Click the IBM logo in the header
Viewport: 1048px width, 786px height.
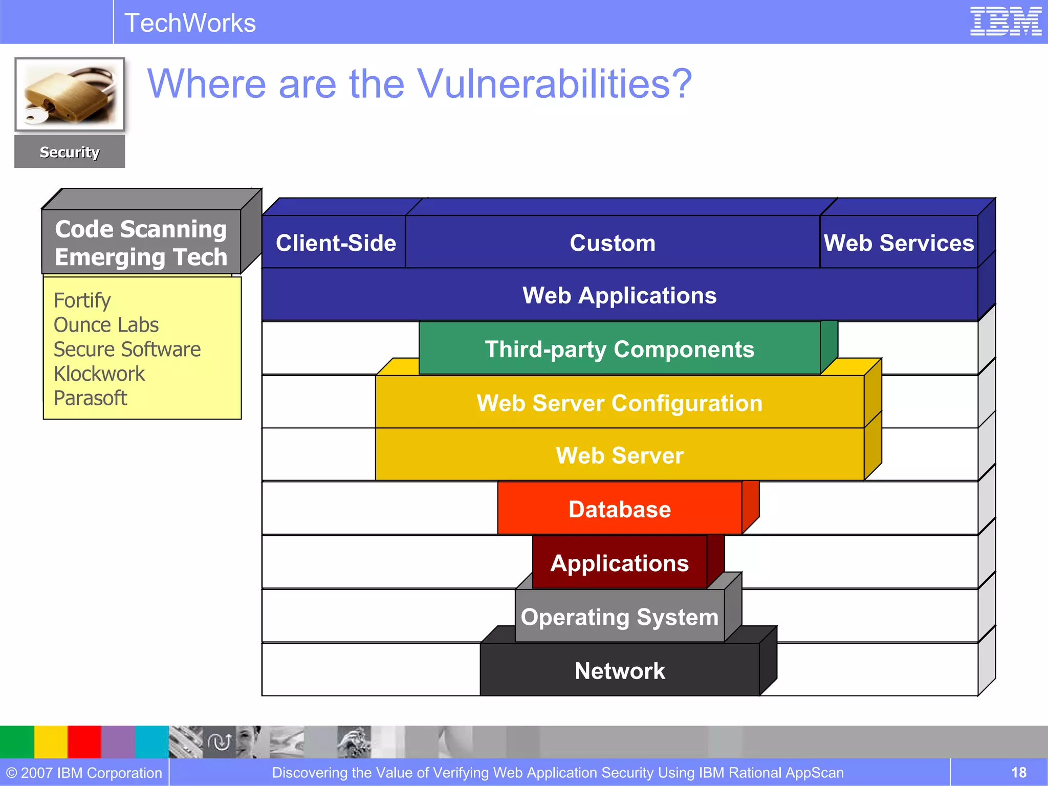(1006, 21)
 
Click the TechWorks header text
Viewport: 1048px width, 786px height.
(190, 23)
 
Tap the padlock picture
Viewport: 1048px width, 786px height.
(70, 95)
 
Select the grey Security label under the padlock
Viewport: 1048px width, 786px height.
(70, 152)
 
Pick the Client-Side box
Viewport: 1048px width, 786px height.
(336, 243)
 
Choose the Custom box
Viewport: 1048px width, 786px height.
(613, 243)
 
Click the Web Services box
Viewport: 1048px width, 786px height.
(899, 243)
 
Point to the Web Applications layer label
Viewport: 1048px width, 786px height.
(619, 295)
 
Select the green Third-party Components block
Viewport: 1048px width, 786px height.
(619, 349)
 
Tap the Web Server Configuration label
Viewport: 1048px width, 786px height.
(619, 403)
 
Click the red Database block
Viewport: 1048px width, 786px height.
(619, 509)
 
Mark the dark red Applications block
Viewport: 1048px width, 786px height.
(619, 563)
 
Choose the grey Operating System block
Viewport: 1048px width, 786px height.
(619, 617)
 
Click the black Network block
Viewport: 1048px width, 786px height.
(619, 670)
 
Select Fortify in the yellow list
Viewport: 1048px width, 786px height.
(82, 300)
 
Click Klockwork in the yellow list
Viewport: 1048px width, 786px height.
(99, 374)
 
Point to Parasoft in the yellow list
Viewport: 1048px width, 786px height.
(90, 398)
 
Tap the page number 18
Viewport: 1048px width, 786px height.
(1018, 772)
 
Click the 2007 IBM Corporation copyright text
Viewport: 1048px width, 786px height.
(84, 772)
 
